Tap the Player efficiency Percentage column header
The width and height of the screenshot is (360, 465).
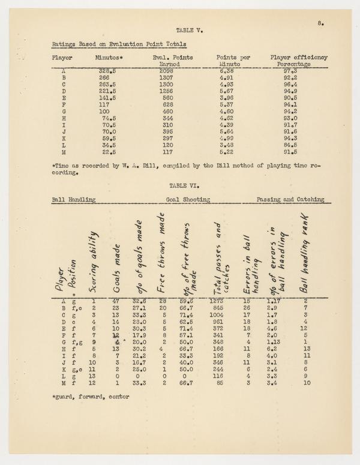coord(299,61)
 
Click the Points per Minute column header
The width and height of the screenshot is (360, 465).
coord(232,61)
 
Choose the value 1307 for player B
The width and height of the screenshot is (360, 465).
coord(168,77)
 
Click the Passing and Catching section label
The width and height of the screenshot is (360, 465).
coord(290,200)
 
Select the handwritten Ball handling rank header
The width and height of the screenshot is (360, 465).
coord(306,255)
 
